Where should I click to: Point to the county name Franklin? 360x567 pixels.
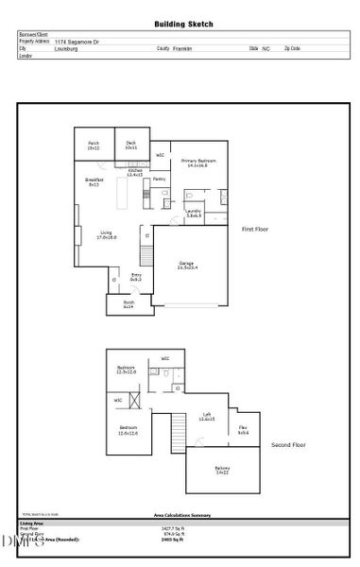183,48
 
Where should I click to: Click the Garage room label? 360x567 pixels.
187,266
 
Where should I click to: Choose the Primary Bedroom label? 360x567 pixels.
199,163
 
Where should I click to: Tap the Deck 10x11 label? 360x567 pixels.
130,146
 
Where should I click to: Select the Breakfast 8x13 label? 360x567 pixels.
94,181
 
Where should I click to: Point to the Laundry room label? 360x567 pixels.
194,213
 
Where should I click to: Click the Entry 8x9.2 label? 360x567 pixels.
136,277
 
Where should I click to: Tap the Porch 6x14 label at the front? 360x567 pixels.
129,304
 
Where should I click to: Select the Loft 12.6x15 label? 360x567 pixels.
206,417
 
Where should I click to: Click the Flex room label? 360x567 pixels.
243,431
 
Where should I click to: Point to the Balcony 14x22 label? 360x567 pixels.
222,470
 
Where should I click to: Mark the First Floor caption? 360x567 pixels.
256,230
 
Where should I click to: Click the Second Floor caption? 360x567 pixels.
287,443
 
